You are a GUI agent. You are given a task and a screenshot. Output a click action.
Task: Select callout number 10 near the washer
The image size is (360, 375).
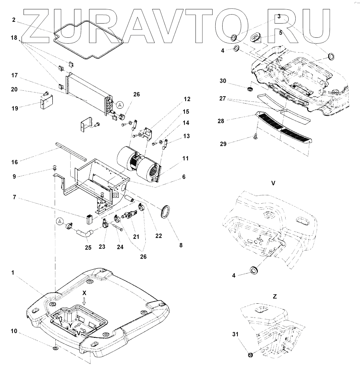pos(14,331)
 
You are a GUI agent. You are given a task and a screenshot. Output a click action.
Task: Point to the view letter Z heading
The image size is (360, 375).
pos(274,297)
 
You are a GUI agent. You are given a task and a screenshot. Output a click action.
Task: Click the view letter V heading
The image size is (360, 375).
pos(273,183)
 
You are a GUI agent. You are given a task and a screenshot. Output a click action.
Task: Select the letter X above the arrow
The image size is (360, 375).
pos(84,292)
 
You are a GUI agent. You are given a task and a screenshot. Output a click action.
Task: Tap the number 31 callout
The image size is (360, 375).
pos(235,334)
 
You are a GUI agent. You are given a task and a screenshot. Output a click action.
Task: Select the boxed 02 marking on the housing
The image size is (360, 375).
pos(116,195)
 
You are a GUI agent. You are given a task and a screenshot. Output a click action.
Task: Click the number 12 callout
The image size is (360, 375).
pos(187,99)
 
